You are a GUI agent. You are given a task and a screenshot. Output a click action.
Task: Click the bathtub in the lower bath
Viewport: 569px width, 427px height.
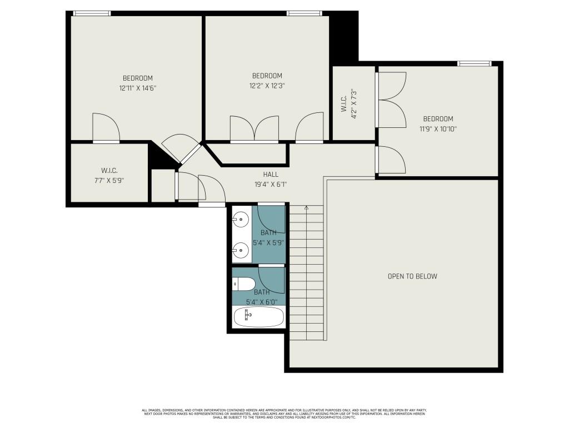258,317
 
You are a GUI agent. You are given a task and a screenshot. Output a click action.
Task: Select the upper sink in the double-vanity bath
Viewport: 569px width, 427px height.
241,220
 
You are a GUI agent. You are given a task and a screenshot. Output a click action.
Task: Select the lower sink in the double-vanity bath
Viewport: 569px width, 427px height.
241,250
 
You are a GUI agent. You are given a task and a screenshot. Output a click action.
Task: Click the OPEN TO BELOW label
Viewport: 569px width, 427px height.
412,276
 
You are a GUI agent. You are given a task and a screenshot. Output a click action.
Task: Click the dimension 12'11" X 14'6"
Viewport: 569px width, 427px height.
137,88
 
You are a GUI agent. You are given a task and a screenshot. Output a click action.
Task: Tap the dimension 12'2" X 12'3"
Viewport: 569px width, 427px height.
267,86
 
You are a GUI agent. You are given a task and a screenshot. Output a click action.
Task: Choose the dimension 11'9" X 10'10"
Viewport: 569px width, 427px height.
438,128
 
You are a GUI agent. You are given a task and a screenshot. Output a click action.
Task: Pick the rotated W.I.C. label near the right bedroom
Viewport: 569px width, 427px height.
345,103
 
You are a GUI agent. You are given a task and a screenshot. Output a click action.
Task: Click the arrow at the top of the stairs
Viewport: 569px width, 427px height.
306,208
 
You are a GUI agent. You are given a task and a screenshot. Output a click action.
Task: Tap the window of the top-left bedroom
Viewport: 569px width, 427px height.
92,13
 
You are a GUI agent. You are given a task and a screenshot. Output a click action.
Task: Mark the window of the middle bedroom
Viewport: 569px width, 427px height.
305,13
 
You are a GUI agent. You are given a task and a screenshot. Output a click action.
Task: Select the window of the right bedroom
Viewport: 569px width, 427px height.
474,63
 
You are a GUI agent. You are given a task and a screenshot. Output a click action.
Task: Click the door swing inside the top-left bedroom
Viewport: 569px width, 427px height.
106,127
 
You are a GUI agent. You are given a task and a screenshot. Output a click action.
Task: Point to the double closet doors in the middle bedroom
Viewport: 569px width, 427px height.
254,129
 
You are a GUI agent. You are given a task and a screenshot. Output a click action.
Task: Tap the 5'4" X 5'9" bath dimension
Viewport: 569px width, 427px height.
269,242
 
